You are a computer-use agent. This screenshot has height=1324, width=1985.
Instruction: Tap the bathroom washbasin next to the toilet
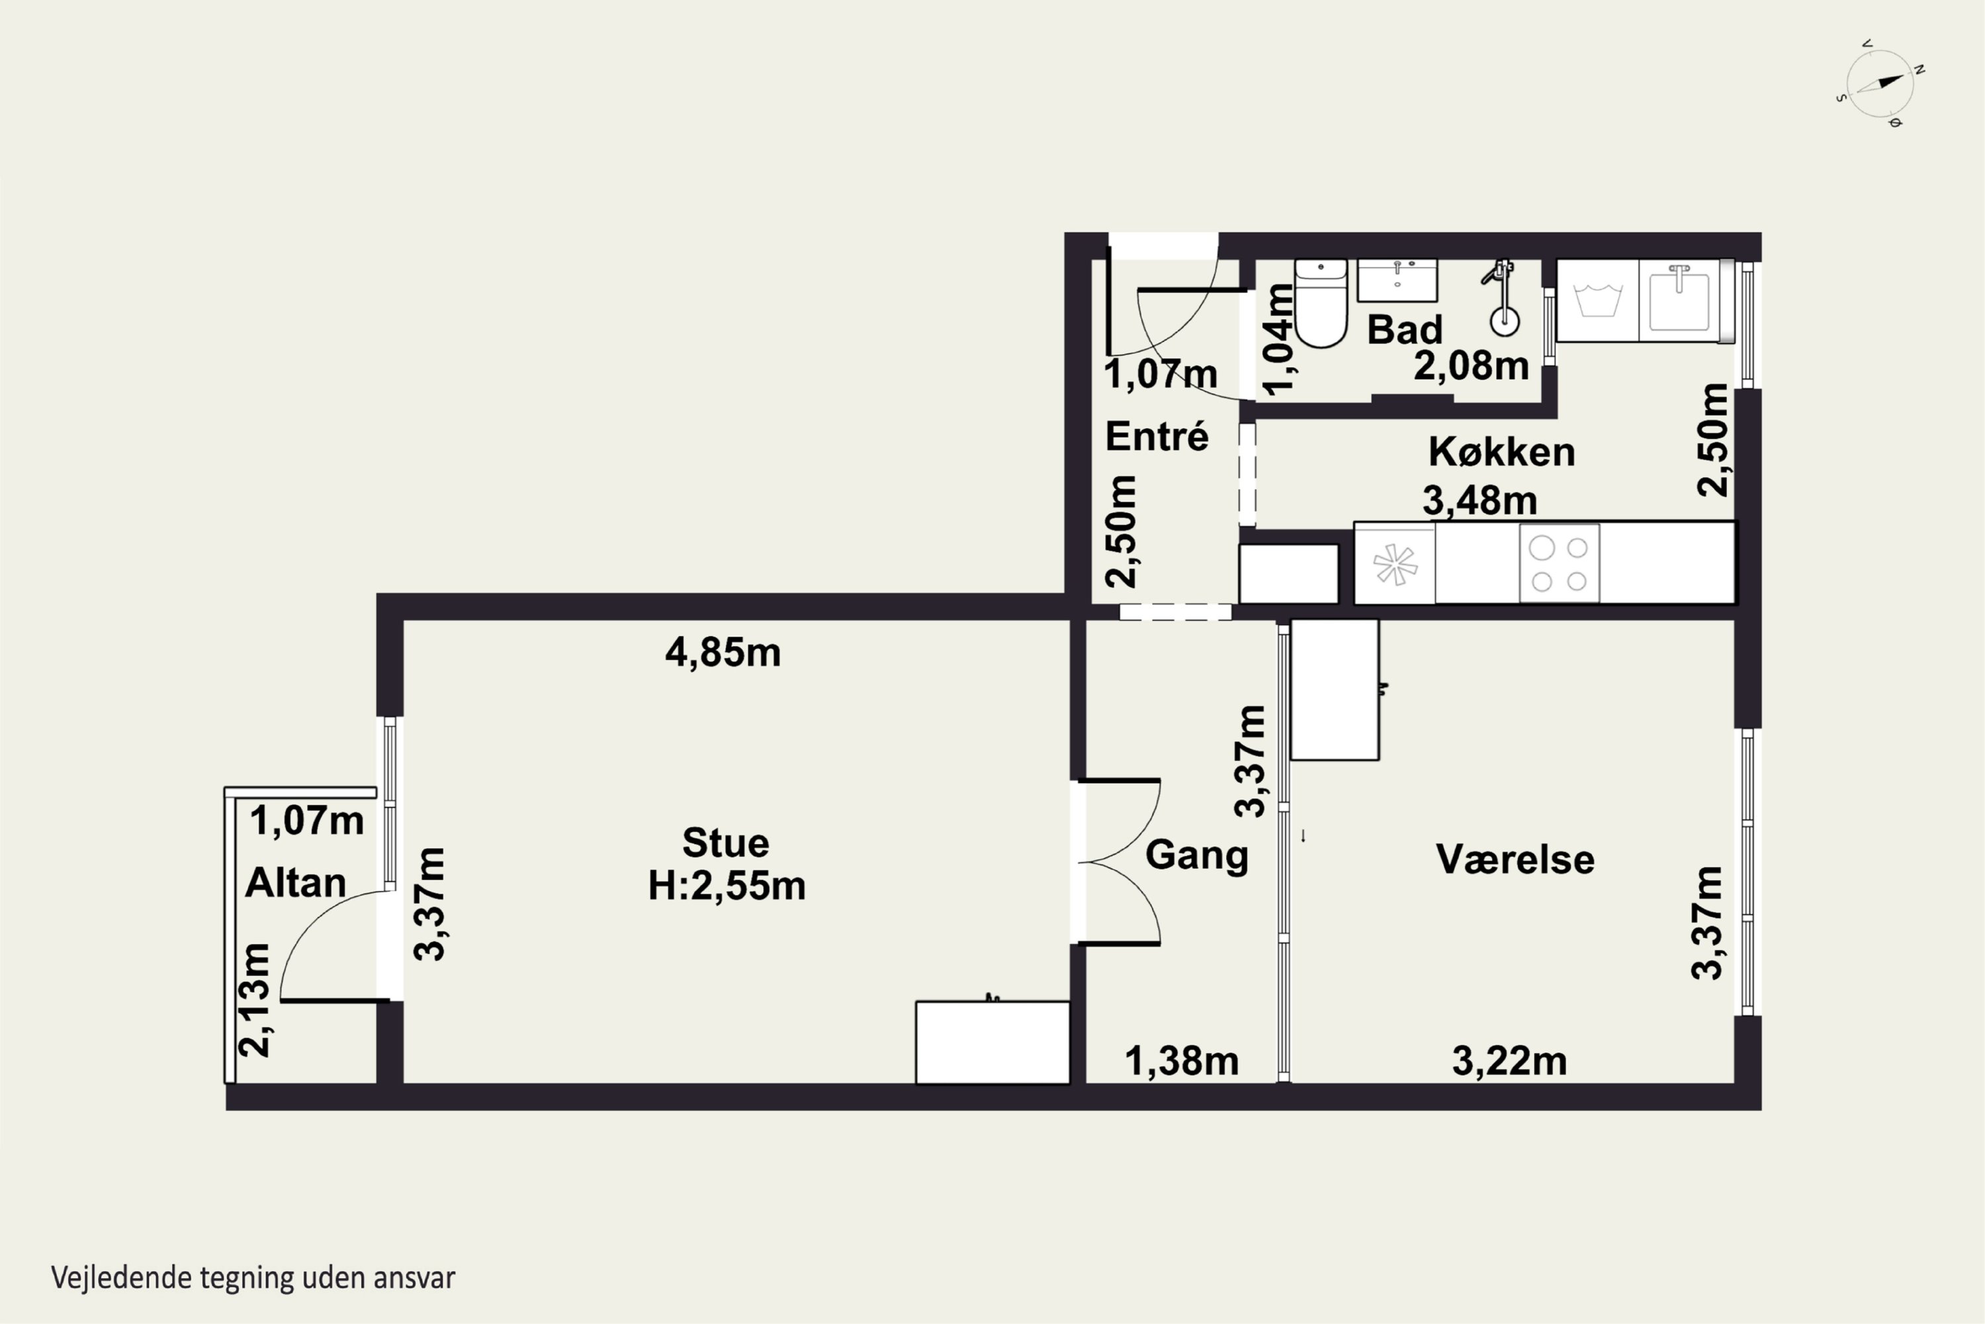[x=1397, y=280]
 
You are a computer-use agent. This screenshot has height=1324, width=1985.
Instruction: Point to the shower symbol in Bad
[x=1501, y=297]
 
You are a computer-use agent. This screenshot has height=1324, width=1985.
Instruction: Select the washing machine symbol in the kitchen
[x=1598, y=301]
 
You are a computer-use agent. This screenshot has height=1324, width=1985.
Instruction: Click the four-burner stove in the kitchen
[x=1559, y=563]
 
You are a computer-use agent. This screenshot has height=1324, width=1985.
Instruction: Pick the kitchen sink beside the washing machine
[x=1679, y=301]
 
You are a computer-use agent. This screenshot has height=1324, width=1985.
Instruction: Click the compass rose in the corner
[x=1880, y=83]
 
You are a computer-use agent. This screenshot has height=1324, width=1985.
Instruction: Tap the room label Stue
[x=726, y=843]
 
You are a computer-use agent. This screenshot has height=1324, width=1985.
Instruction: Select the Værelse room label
[x=1515, y=859]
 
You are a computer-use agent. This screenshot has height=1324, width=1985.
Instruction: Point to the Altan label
[x=295, y=883]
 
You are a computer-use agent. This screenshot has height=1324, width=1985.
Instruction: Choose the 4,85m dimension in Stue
[x=723, y=653]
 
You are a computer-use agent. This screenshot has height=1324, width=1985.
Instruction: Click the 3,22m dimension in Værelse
[x=1509, y=1061]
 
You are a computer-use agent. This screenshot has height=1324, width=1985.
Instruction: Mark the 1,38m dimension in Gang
[x=1182, y=1061]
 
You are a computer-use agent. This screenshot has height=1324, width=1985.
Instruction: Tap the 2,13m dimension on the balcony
[x=255, y=1000]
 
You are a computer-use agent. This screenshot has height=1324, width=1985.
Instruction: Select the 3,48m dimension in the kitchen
[x=1479, y=500]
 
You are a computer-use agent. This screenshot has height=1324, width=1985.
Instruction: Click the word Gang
[x=1197, y=855]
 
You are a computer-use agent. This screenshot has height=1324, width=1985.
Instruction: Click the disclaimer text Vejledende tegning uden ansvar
[x=253, y=1278]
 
